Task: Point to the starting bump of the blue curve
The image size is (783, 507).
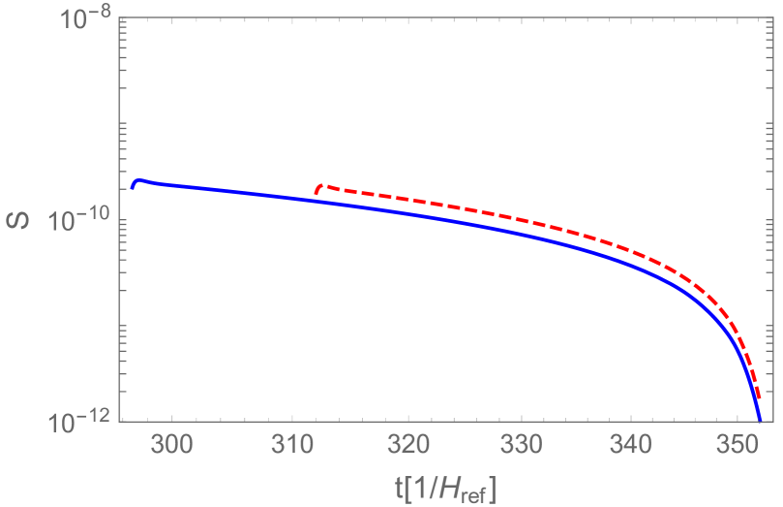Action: coord(138,180)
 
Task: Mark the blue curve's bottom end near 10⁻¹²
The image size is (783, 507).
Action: coord(760,420)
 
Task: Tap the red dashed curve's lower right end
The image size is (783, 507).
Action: coord(761,397)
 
